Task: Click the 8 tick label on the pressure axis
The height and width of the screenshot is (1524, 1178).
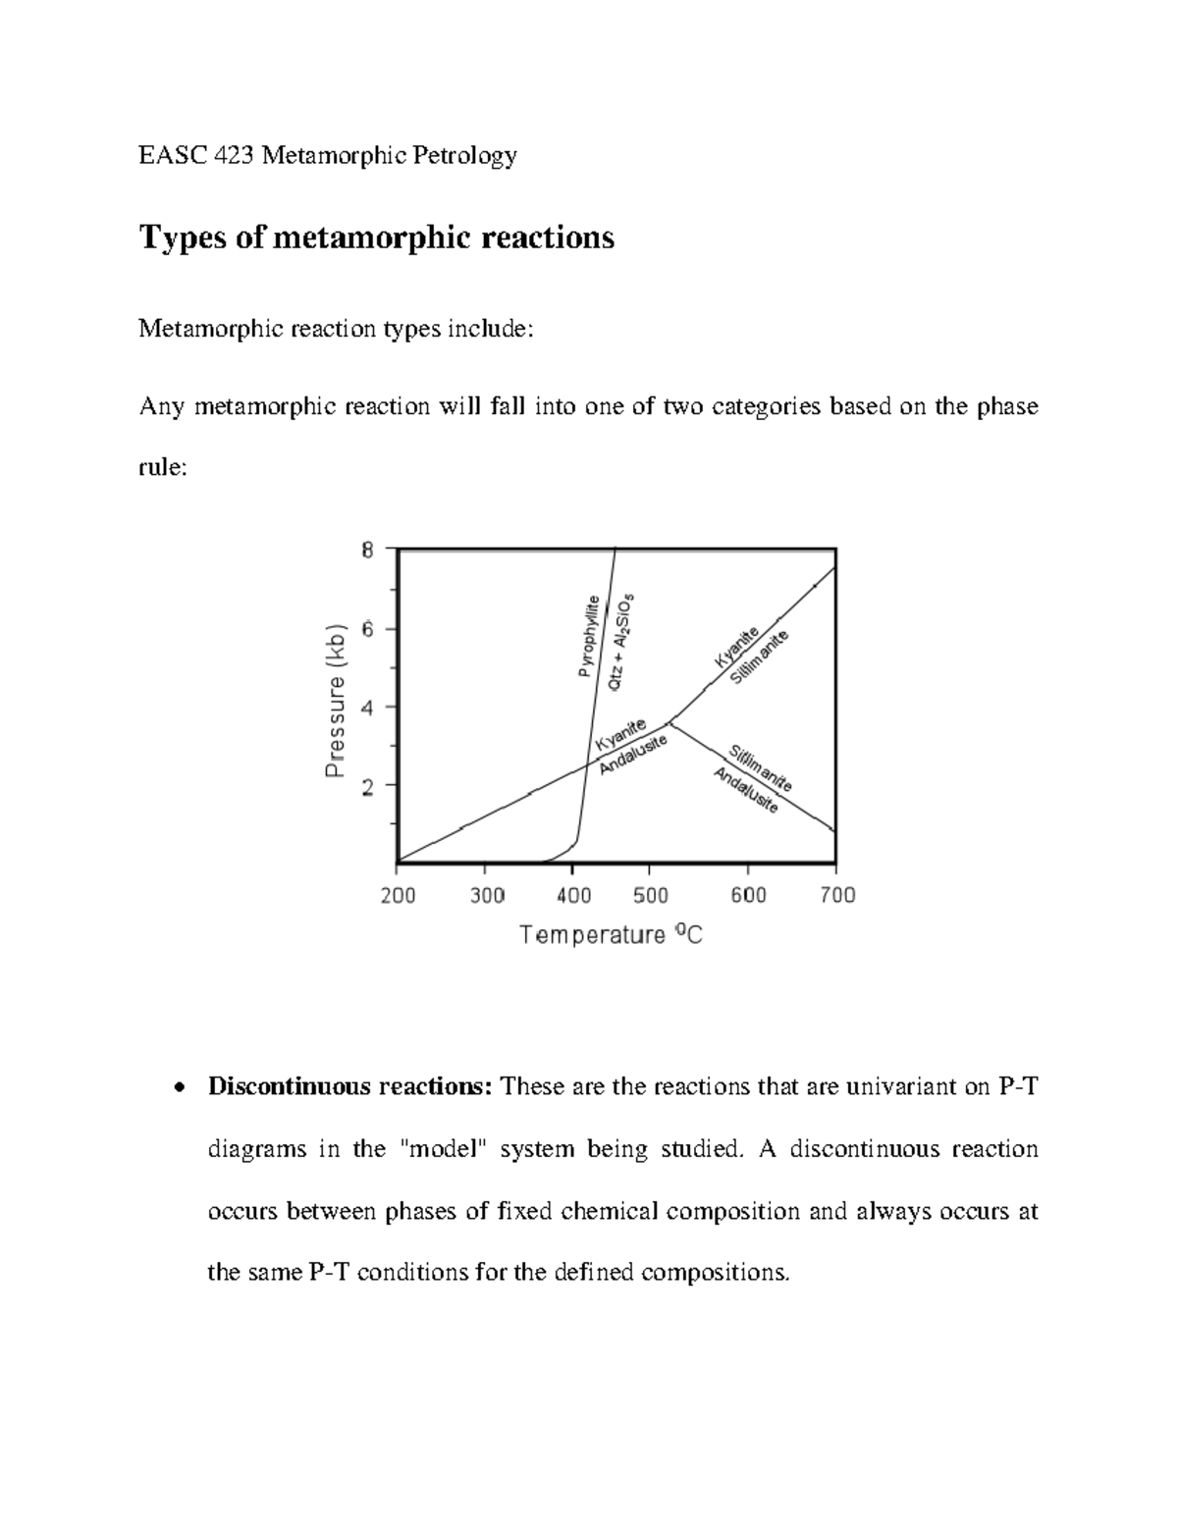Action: pos(367,551)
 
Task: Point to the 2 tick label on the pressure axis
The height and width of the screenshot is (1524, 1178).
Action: pos(367,786)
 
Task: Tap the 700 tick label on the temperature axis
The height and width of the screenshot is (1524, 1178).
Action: pos(836,895)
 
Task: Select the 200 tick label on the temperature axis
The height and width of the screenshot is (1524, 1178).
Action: pos(398,895)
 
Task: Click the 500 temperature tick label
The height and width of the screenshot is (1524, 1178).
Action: pos(650,895)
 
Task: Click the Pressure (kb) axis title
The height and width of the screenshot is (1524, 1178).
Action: pos(337,702)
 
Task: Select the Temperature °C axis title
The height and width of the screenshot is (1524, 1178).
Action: pos(611,935)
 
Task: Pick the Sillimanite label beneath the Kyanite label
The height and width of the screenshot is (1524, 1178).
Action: pos(761,659)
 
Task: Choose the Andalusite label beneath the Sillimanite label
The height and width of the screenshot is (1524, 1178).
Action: pos(745,791)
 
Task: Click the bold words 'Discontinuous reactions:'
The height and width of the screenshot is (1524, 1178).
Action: pos(348,1086)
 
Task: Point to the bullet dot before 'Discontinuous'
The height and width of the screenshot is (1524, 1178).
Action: pos(177,1088)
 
